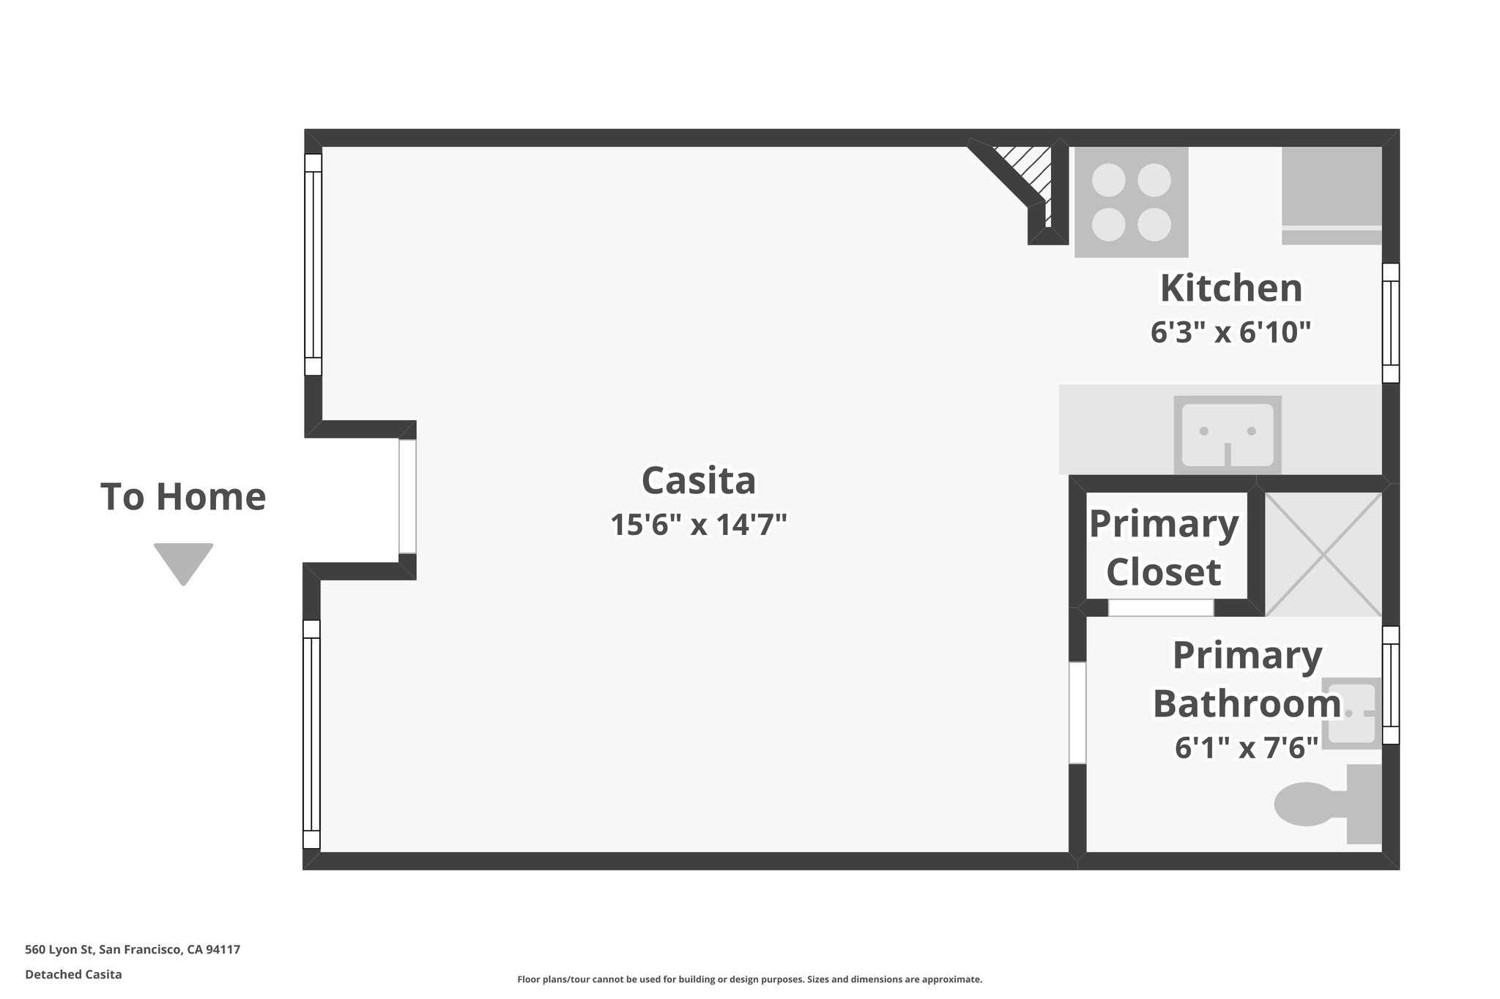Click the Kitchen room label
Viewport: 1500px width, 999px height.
(x=1231, y=288)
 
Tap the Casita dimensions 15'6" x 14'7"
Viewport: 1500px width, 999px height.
(x=699, y=525)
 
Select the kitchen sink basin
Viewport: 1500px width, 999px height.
(x=1228, y=435)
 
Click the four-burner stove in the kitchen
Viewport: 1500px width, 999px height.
(x=1131, y=202)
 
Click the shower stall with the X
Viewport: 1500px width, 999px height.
(x=1323, y=554)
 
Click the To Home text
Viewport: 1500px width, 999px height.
(x=183, y=496)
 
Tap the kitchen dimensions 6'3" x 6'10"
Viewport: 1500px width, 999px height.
(x=1230, y=332)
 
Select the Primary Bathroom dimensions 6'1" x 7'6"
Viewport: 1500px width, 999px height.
(x=1247, y=748)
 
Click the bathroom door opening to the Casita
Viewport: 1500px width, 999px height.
(x=1077, y=712)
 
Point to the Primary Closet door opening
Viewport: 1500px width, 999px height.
(x=1161, y=607)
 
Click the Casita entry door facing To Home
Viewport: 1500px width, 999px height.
(x=408, y=496)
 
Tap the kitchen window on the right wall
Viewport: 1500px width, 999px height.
(x=1390, y=323)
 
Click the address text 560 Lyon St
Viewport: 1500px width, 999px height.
(x=133, y=950)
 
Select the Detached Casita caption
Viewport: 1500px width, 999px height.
(x=73, y=974)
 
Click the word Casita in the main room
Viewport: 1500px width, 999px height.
(x=699, y=481)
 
